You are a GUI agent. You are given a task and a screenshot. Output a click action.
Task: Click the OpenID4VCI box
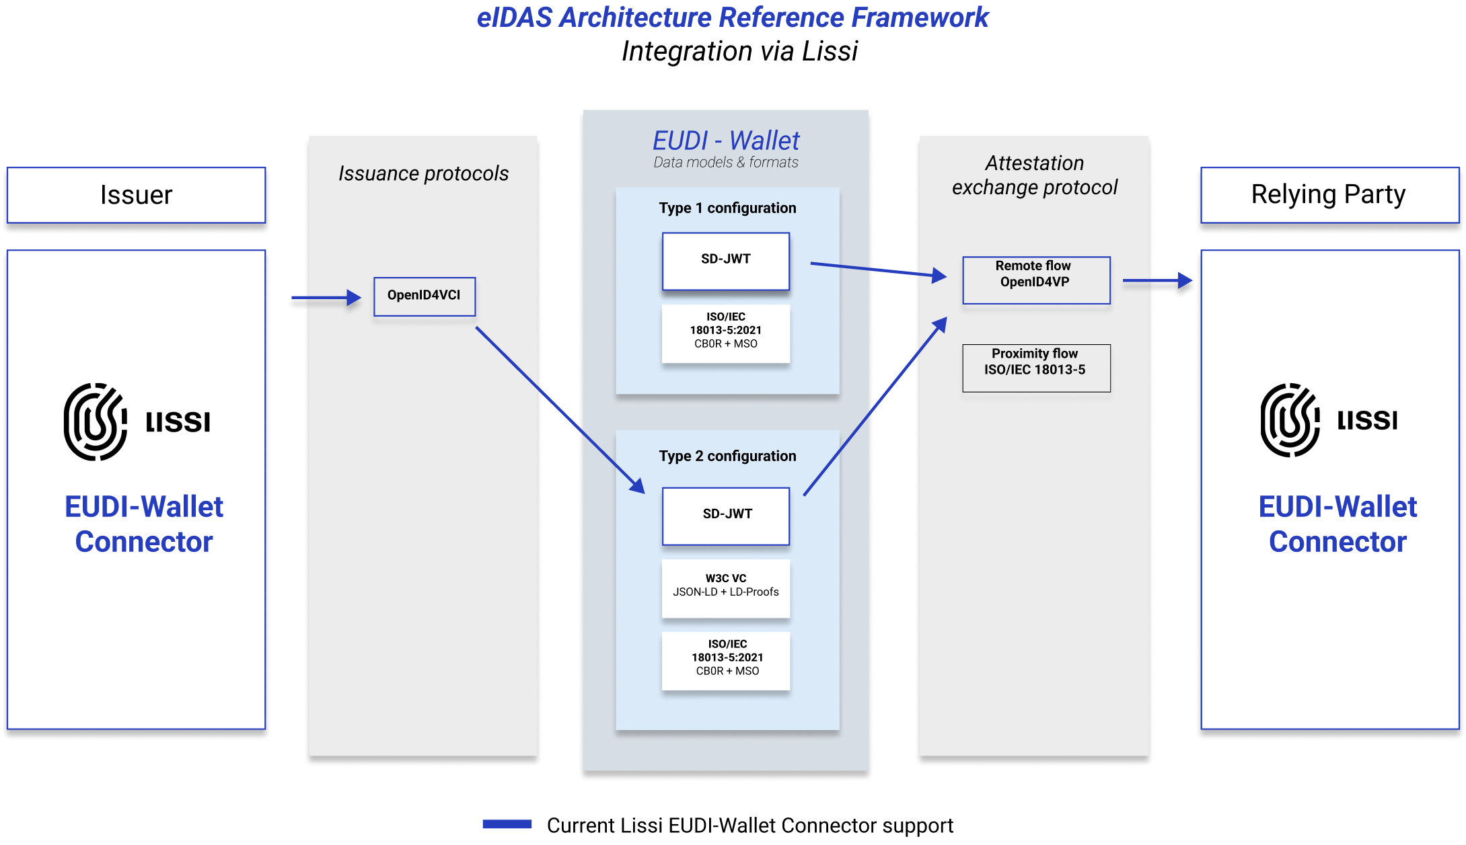(x=425, y=296)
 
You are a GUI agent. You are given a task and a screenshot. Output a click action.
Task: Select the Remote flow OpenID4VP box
(x=1035, y=280)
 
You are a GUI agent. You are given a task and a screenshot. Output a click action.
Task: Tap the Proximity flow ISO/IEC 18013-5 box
(x=1035, y=368)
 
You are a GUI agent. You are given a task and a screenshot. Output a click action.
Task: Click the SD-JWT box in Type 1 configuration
(x=725, y=261)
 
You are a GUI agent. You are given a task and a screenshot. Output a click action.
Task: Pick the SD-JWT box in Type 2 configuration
(x=725, y=516)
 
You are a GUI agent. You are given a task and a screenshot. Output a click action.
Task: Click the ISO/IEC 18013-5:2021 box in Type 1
(x=725, y=333)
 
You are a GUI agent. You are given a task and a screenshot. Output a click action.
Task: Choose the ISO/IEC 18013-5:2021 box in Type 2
(x=725, y=659)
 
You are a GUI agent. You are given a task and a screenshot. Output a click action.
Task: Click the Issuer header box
(x=136, y=195)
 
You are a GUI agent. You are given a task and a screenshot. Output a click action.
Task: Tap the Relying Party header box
(x=1328, y=195)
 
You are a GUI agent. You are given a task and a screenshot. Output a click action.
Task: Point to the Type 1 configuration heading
(x=727, y=208)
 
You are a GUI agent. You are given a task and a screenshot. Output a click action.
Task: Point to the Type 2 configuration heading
(x=727, y=456)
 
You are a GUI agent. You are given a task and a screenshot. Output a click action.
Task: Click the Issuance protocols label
(x=423, y=173)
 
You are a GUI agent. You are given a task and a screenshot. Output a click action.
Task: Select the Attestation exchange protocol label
(x=1035, y=175)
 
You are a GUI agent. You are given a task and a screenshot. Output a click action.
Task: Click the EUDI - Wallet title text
(x=725, y=141)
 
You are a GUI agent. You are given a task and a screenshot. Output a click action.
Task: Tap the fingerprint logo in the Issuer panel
(x=96, y=421)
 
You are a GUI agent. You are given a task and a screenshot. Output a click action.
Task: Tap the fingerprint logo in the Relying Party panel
(x=1290, y=420)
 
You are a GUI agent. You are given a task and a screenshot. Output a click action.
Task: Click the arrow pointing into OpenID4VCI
(x=326, y=297)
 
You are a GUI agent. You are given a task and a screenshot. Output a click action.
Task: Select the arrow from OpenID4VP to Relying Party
(x=1157, y=281)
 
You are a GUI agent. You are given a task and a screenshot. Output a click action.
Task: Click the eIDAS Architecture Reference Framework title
(x=733, y=17)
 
